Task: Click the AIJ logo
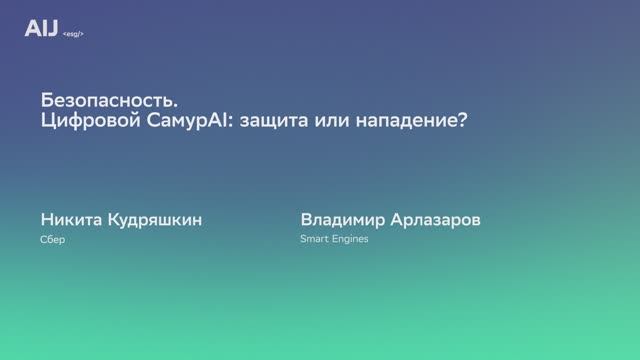(41, 29)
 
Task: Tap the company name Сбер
(53, 240)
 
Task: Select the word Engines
(350, 240)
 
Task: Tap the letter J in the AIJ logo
(52, 29)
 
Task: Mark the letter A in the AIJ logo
(31, 29)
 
